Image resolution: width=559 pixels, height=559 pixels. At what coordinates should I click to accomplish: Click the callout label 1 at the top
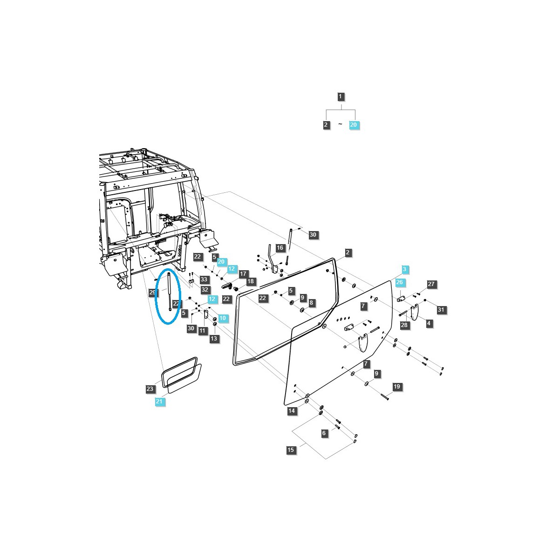tap(341, 97)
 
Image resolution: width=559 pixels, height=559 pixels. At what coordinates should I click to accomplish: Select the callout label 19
tap(397, 387)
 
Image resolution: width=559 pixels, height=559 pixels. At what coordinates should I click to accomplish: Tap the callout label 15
tap(291, 450)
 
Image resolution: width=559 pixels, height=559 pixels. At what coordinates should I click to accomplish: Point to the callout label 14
tap(292, 411)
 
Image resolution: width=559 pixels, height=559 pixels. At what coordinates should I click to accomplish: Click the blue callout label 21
tap(159, 402)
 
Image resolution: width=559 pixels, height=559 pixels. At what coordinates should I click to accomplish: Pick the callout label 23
tap(150, 389)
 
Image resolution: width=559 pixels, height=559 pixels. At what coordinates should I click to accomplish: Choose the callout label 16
tap(280, 248)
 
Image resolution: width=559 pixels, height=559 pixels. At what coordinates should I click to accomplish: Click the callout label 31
tap(441, 310)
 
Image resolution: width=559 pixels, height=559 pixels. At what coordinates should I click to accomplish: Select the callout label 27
tap(431, 284)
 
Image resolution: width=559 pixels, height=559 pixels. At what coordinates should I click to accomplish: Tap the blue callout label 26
tap(400, 282)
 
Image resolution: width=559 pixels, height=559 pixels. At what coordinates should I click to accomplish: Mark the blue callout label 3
tap(404, 269)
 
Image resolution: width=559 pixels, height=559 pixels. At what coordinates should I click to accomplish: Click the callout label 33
tap(204, 279)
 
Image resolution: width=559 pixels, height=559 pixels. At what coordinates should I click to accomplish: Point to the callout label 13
tap(214, 339)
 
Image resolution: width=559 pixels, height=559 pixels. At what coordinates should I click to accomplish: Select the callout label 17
tap(243, 274)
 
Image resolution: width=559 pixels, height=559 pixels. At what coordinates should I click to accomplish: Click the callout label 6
tap(324, 433)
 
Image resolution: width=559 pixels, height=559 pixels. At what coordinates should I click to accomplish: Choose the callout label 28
tap(404, 325)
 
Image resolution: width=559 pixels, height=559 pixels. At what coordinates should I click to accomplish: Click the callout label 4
tap(429, 323)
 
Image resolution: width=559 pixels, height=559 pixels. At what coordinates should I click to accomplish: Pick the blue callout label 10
tap(223, 318)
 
